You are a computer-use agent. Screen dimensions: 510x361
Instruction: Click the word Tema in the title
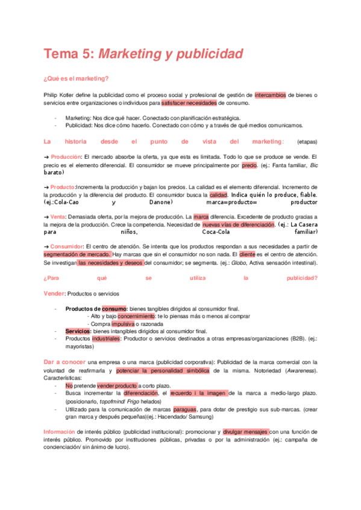pos(61,54)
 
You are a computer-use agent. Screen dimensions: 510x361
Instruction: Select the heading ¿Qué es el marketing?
pos(76,78)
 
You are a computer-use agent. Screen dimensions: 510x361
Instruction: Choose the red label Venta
pos(58,217)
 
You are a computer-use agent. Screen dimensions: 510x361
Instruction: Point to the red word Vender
pos(54,293)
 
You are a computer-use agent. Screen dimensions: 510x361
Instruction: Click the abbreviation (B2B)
pos(294,339)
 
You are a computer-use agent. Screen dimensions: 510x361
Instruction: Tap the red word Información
pos(59,432)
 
